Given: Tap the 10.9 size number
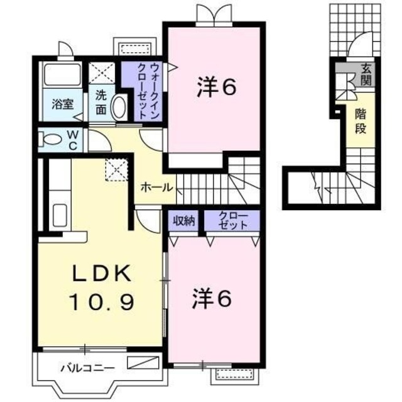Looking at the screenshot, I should click(x=101, y=303).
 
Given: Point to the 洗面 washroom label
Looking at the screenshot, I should click(x=101, y=101).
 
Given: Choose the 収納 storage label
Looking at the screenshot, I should click(x=185, y=221).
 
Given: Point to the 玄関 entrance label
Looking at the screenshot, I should click(x=364, y=75).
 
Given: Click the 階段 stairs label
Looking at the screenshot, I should click(x=361, y=121).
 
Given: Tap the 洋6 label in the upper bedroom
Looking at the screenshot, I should click(x=216, y=88).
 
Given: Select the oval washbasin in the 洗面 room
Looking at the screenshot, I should click(x=119, y=108).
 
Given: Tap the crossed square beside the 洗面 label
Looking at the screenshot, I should click(x=100, y=74).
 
